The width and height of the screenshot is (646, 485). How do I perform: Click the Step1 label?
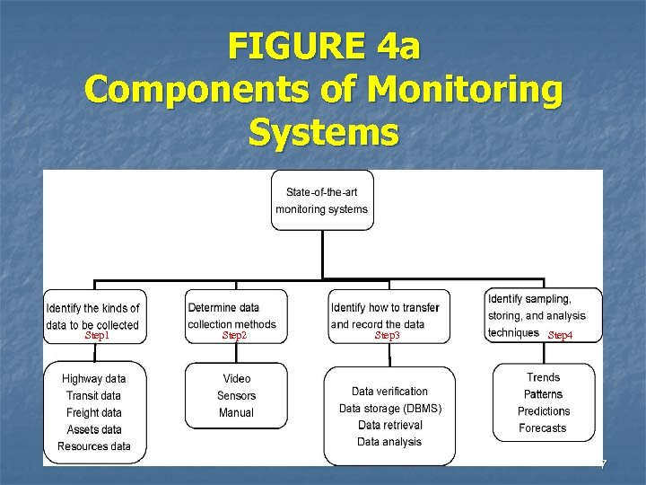click(x=96, y=335)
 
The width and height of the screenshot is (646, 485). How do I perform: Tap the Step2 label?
click(x=234, y=335)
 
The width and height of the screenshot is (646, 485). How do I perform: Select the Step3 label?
click(x=387, y=335)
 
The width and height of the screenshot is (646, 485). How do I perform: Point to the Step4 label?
click(x=559, y=335)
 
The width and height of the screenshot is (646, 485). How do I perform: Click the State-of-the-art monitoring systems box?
click(x=322, y=200)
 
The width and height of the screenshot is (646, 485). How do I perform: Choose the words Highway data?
click(x=94, y=379)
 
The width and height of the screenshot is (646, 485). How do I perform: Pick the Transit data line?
click(x=93, y=396)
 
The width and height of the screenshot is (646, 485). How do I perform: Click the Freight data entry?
click(x=94, y=413)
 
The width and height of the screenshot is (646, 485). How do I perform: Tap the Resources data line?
click(x=94, y=446)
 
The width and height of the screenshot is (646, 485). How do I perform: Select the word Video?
click(x=237, y=379)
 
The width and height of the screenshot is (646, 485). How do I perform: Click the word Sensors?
click(x=237, y=396)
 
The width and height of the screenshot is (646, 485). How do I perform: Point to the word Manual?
click(x=237, y=413)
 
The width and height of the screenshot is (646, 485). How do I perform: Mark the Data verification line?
click(x=389, y=392)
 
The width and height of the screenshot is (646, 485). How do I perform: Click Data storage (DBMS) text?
click(x=389, y=409)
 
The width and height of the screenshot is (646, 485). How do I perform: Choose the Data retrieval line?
click(x=389, y=425)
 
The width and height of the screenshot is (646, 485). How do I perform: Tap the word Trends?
click(x=544, y=378)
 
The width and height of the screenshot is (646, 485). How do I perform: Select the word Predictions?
click(x=544, y=411)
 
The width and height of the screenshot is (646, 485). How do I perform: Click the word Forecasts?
click(x=543, y=428)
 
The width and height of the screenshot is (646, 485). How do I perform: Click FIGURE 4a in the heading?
click(x=323, y=46)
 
